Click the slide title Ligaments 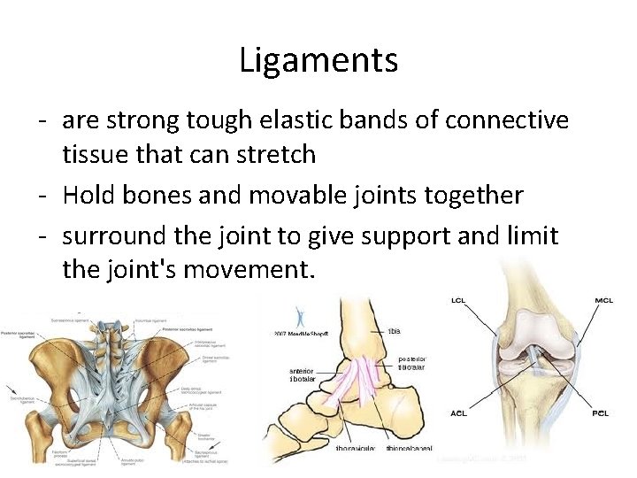point(318,61)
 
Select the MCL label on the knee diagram point(604,302)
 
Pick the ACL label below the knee point(461,412)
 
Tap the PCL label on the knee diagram point(602,412)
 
